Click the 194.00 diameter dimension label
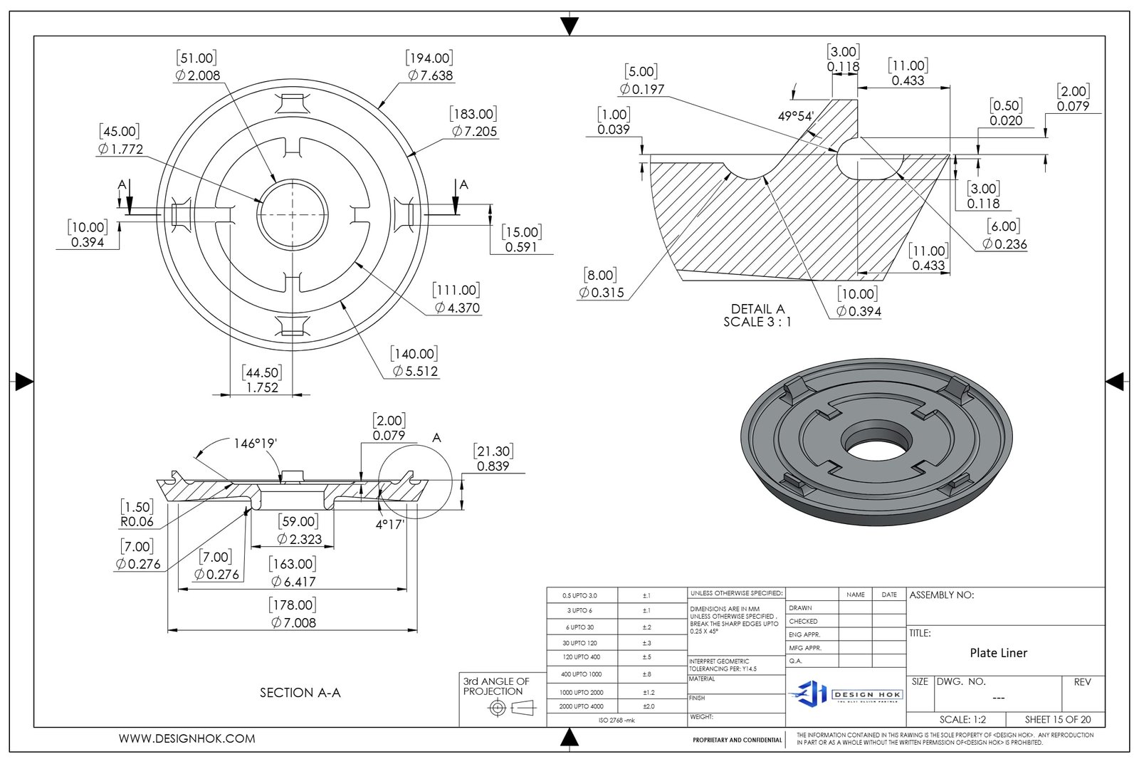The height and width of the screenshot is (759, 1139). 429,67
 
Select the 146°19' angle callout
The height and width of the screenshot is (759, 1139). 255,444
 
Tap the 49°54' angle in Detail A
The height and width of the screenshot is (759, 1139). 795,116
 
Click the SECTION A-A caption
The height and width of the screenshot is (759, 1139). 300,692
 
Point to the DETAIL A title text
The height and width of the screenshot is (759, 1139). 757,315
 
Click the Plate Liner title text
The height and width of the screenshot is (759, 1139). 998,653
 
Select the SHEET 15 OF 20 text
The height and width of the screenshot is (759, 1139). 1057,719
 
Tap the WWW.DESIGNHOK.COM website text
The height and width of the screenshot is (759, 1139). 187,738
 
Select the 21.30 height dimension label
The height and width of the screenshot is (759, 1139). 493,459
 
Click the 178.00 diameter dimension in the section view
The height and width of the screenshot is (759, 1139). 293,613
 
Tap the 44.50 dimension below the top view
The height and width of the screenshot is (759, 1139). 262,380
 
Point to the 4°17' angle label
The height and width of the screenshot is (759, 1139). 389,525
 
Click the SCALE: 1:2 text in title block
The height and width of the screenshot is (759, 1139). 962,719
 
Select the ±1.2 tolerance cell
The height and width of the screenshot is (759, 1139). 649,692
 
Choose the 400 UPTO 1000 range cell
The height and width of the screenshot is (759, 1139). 581,674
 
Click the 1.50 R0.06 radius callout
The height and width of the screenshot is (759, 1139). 137,514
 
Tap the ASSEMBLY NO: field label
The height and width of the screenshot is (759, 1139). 941,595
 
